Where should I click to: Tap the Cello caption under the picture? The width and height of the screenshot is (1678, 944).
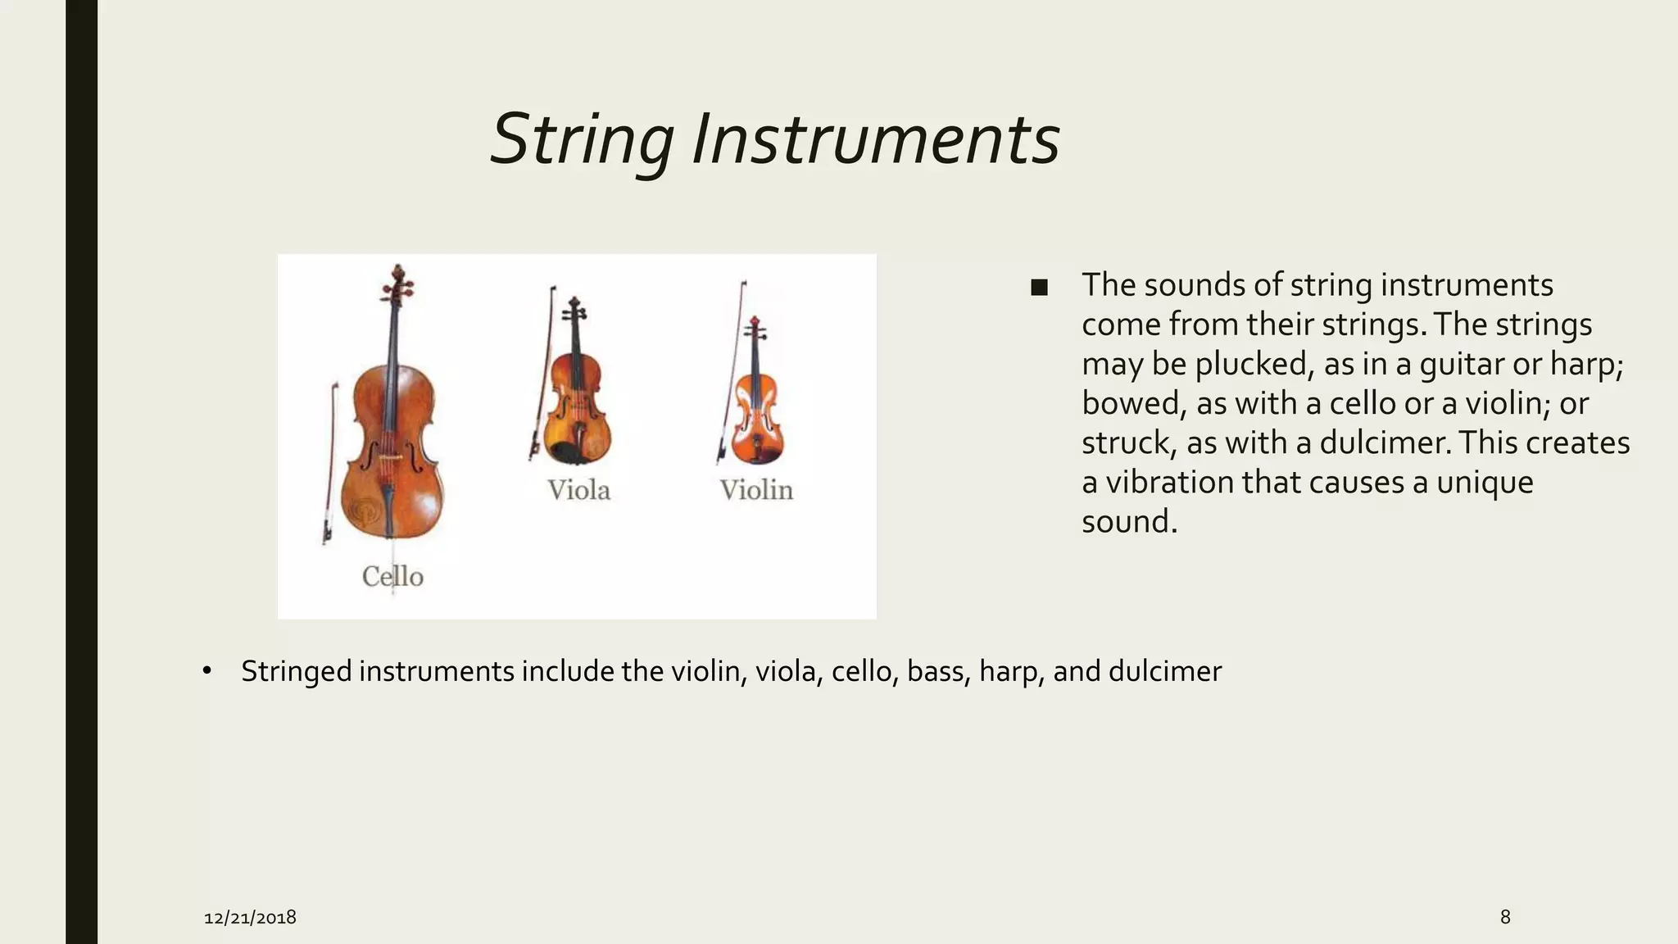coord(392,576)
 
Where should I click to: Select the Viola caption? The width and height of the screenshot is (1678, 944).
coord(578,490)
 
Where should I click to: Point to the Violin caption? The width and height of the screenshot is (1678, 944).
coord(756,490)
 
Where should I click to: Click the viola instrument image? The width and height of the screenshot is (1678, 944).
coord(578,402)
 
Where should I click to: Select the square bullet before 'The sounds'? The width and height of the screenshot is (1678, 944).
coord(1039,288)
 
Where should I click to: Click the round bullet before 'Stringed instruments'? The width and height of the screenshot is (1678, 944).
coord(206,672)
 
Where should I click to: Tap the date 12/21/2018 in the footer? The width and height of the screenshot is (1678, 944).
coord(250,917)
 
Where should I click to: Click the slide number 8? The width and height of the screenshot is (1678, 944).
coord(1504,916)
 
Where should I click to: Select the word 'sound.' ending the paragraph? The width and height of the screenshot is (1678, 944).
coord(1129,521)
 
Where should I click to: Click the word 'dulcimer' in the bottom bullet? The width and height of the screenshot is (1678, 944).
coord(1164,671)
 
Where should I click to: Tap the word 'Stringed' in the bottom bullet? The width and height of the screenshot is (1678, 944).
coord(296,672)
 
